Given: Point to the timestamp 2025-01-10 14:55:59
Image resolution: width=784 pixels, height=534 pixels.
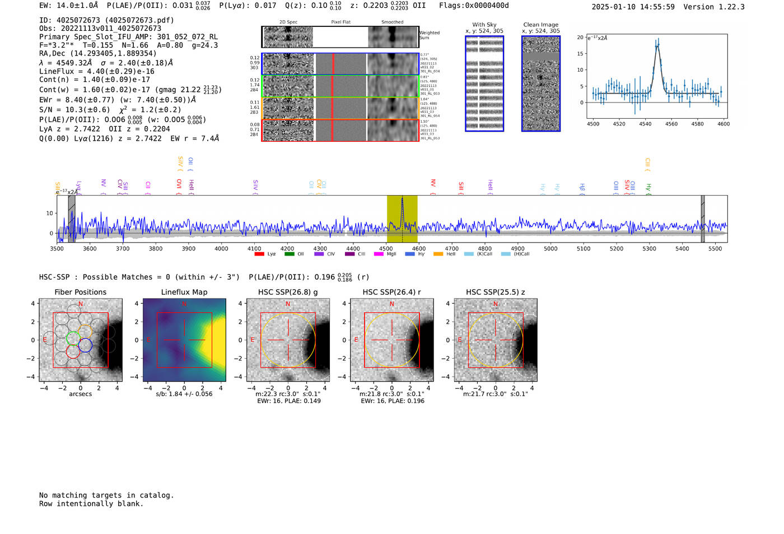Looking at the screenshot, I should click(x=633, y=7).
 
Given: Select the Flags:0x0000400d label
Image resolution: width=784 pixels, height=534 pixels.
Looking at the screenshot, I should click(x=474, y=5).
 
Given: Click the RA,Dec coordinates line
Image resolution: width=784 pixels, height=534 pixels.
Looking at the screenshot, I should click(x=97, y=54).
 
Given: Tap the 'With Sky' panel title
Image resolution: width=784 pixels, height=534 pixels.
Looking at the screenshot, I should click(x=484, y=25).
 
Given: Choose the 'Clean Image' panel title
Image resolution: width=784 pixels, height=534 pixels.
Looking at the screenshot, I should click(x=541, y=25).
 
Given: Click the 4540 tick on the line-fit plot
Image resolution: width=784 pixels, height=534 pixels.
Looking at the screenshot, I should click(x=645, y=124).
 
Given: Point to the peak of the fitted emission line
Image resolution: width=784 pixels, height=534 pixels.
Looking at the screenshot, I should click(x=657, y=44).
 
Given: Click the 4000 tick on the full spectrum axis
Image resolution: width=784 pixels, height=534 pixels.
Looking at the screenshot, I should click(x=221, y=248).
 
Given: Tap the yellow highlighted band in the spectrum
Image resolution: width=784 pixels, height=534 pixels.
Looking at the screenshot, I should click(x=402, y=219).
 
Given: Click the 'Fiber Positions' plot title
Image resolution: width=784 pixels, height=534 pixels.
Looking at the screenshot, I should click(x=80, y=292).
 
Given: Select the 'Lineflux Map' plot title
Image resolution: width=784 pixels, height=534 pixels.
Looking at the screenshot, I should click(x=184, y=292).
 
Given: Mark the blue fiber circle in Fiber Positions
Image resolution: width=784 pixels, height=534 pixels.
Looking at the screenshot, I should click(x=85, y=345).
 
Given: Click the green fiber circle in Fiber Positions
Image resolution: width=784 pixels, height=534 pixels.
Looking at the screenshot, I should click(x=73, y=338).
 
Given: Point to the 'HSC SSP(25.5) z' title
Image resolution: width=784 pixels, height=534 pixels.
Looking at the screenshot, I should click(x=496, y=292).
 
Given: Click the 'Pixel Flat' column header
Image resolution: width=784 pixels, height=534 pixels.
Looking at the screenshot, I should click(x=340, y=22).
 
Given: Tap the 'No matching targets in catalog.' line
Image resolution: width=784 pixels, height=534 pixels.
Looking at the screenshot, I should click(x=106, y=495).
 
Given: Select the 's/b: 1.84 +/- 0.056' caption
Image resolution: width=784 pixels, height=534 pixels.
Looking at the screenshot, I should click(x=184, y=394).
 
